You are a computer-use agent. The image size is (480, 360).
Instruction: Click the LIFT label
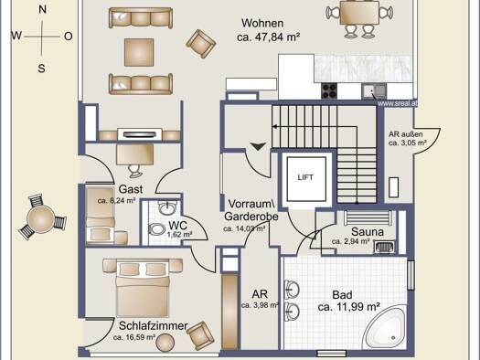click(x=305, y=177)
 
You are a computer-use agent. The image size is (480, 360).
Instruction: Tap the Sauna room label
click(x=368, y=232)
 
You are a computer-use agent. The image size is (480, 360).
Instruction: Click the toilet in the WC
click(x=156, y=229)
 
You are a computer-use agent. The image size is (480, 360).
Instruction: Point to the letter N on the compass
click(x=42, y=9)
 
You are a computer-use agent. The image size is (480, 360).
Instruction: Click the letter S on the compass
click(x=42, y=69)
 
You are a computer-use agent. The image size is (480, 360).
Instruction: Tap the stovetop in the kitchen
click(x=329, y=90)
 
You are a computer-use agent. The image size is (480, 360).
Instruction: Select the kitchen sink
click(x=374, y=91)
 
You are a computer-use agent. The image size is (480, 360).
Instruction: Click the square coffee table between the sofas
click(x=139, y=52)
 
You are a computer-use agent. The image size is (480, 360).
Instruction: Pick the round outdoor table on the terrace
click(x=41, y=218)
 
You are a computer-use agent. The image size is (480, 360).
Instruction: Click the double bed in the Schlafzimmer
click(x=143, y=289)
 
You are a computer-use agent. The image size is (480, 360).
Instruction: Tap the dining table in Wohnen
click(x=359, y=13)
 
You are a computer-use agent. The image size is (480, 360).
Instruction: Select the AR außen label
click(x=406, y=134)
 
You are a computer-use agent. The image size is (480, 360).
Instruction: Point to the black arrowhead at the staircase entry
click(x=259, y=146)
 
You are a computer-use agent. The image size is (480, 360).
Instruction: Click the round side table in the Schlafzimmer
click(x=165, y=343)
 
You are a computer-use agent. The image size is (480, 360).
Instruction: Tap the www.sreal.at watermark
click(x=398, y=103)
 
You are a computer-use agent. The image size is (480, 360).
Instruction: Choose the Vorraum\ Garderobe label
click(x=251, y=210)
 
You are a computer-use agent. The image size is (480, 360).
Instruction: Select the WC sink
click(x=167, y=207)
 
